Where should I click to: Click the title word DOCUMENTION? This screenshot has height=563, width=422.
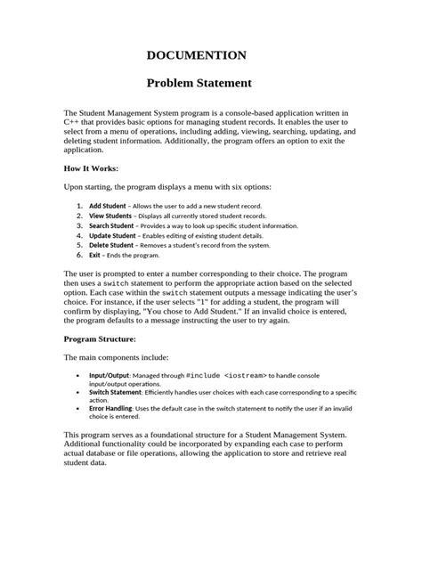[210, 55]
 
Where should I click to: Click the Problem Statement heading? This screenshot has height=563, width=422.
[210, 85]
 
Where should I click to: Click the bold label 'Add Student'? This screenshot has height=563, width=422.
[108, 206]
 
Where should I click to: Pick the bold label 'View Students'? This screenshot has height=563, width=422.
[111, 216]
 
